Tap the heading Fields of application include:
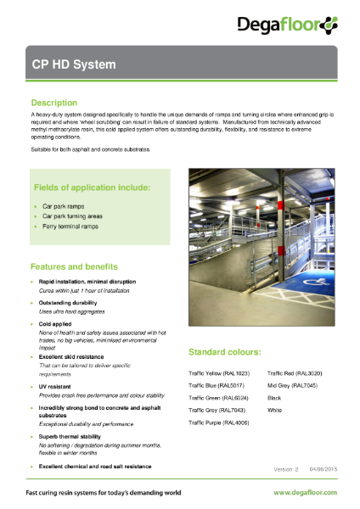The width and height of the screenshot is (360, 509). (92, 187)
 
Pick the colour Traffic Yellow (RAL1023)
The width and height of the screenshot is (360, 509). (218, 373)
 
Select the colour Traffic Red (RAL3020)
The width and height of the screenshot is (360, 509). (293, 373)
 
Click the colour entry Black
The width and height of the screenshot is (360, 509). (274, 397)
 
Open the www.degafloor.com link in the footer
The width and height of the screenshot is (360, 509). (304, 492)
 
